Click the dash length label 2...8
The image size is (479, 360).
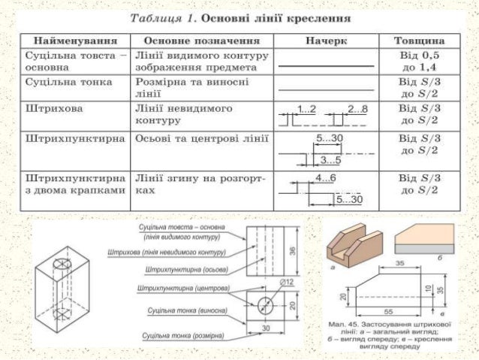pyautogui.click(x=358, y=110)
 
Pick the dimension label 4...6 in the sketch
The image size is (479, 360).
pyautogui.click(x=326, y=178)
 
